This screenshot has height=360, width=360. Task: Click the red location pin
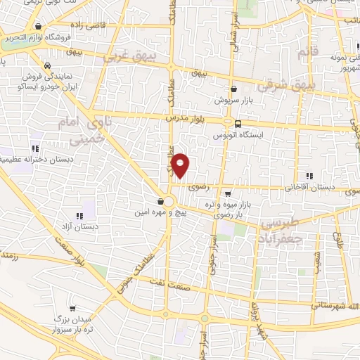181,165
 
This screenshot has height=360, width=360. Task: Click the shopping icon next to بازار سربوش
233,89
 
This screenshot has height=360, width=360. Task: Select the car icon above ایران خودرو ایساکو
47,65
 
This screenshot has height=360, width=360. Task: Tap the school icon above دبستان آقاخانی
309,176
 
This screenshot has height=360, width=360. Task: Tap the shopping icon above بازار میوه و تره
227,192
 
